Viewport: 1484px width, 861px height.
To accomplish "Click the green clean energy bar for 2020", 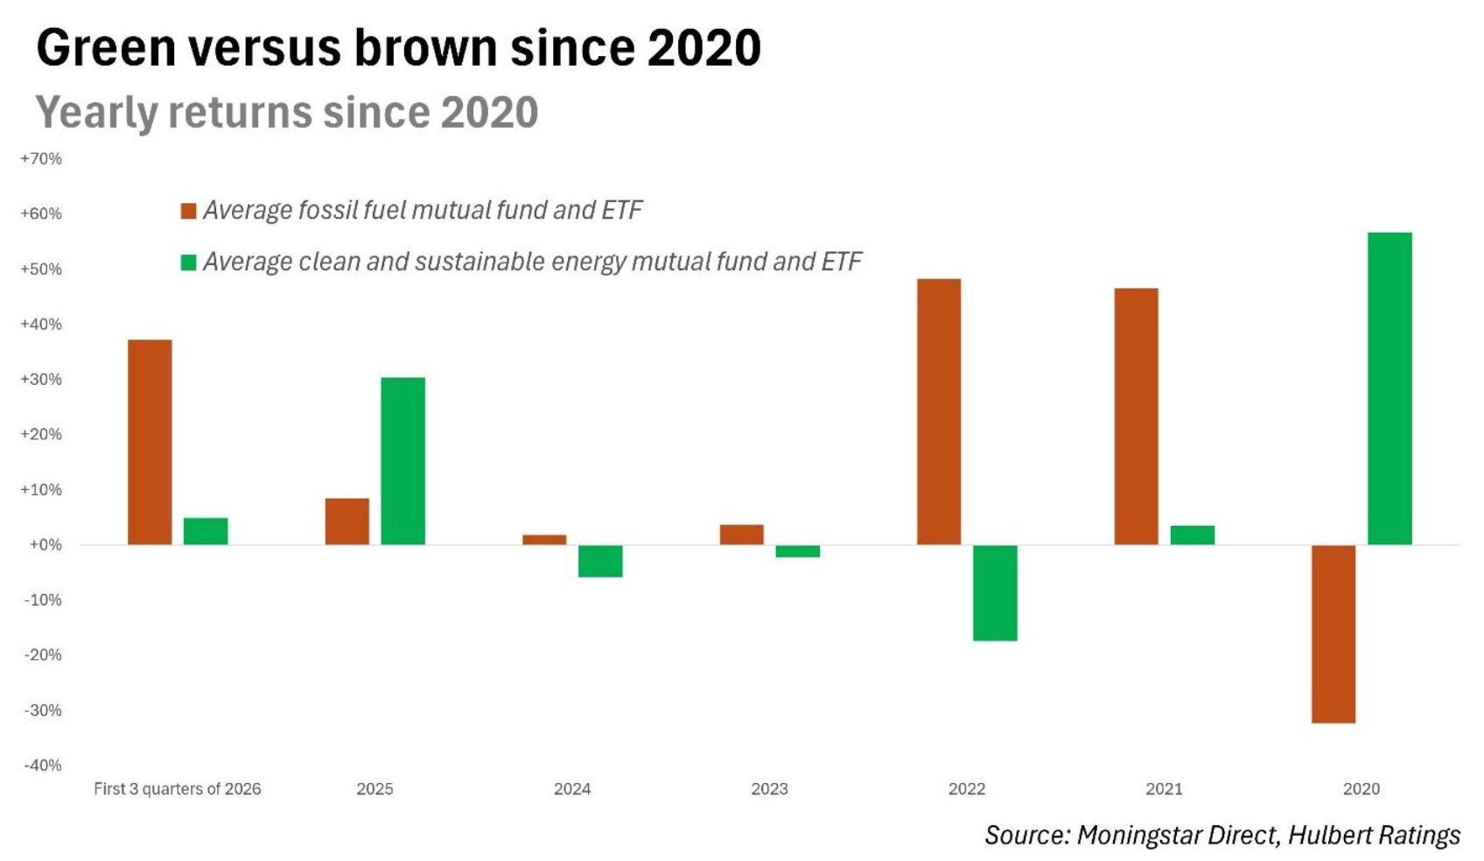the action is click(x=1389, y=388).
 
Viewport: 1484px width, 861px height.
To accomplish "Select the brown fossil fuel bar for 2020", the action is click(x=1333, y=633).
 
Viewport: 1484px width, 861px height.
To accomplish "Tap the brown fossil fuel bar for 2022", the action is click(x=938, y=412).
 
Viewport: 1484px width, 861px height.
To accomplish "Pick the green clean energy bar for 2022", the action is click(x=994, y=592).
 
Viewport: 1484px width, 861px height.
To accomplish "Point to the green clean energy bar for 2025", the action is click(x=402, y=461).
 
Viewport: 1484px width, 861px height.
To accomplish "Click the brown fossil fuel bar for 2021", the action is click(x=1136, y=416).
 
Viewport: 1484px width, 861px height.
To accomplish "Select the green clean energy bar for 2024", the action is click(x=600, y=561).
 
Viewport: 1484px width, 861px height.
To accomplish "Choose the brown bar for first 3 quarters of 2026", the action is click(x=150, y=443).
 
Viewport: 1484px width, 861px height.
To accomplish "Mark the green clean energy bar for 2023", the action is click(x=798, y=551).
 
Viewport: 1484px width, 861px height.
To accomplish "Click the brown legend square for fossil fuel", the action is click(x=189, y=211).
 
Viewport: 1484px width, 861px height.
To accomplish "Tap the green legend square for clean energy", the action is click(x=189, y=262).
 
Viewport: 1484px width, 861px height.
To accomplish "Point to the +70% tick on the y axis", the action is click(x=41, y=159).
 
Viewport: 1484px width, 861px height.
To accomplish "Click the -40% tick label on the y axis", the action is click(x=42, y=766).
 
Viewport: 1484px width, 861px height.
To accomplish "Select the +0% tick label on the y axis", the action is click(x=45, y=545).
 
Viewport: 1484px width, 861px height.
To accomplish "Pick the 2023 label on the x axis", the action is click(x=769, y=788).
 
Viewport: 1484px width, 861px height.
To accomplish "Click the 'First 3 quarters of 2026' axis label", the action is click(x=177, y=788).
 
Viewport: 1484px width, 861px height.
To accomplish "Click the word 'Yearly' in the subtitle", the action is click(x=96, y=113).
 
